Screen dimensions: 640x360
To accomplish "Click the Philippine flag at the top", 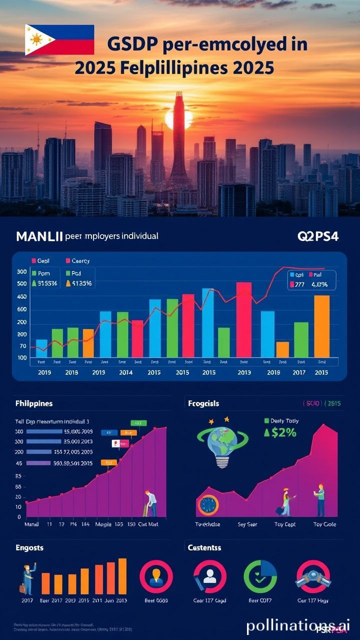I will (x=59, y=39).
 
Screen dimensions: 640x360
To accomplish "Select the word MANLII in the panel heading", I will (x=39, y=236).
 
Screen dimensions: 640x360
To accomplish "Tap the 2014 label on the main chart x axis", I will (x=125, y=372).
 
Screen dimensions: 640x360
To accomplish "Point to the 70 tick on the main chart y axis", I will (x=22, y=346).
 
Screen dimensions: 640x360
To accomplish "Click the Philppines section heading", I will (x=34, y=403).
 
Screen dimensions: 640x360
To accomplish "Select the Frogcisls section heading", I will (x=203, y=403).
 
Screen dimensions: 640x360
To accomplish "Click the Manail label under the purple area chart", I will (x=32, y=524).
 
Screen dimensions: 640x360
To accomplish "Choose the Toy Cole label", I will (x=325, y=524).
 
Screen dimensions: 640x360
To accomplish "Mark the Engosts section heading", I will (x=29, y=547).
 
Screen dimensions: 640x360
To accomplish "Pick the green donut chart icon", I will (x=260, y=576).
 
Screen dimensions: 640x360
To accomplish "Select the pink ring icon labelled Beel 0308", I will (x=156, y=576).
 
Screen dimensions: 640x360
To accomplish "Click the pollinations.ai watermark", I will (x=298, y=625).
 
